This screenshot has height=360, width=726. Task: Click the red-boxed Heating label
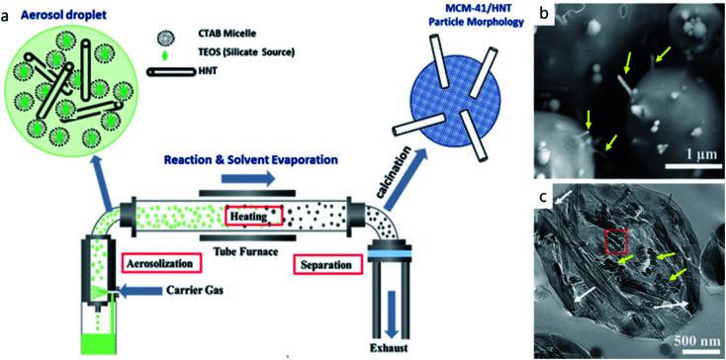point(254,216)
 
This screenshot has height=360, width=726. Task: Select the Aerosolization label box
point(162,263)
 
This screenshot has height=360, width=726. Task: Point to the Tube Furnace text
point(247,251)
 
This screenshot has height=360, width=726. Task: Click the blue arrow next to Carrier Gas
point(139,292)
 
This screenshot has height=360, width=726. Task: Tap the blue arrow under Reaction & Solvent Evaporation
point(247,178)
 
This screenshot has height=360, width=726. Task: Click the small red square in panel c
point(616,241)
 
